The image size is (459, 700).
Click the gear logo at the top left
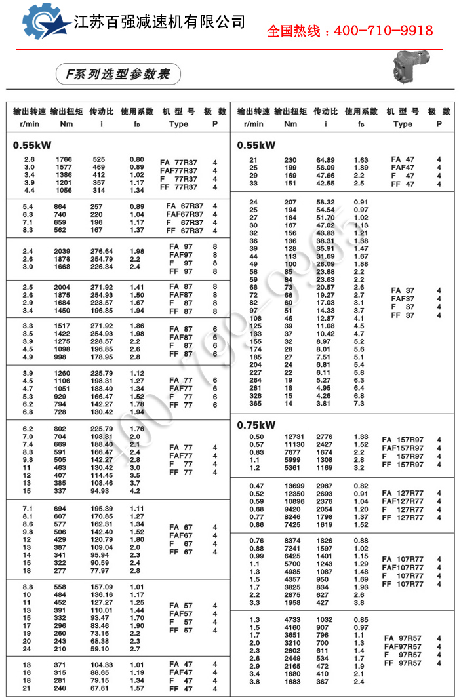(x=46, y=21)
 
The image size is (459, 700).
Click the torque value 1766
(x=64, y=159)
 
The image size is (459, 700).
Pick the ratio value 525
(x=99, y=159)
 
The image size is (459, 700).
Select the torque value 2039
(x=64, y=251)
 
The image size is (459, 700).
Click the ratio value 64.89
(x=325, y=160)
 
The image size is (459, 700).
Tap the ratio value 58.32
(x=325, y=202)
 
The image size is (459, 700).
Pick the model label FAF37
(x=403, y=298)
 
